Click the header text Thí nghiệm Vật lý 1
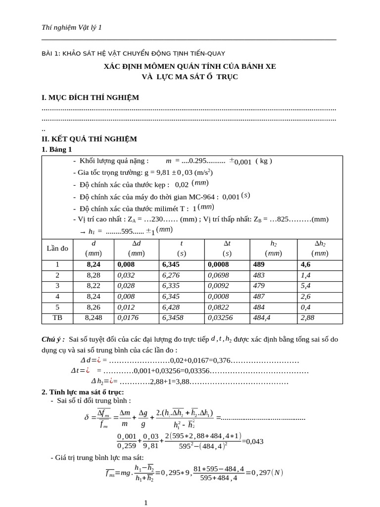point(72,28)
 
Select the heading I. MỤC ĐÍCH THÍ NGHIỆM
point(90,97)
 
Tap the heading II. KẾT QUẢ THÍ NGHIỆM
point(89,139)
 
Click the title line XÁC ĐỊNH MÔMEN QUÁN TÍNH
point(190,66)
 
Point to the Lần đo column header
point(57,248)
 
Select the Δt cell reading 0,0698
point(219,275)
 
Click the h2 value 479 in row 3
point(259,285)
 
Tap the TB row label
point(58,317)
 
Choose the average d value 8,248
point(94,317)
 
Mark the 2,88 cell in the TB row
point(307,317)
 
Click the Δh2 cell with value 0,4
point(305,307)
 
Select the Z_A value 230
point(157,219)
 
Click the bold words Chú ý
point(53,339)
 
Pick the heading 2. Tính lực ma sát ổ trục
point(83,392)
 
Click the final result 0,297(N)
point(267,472)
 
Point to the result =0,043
point(255,441)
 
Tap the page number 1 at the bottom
point(145,503)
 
